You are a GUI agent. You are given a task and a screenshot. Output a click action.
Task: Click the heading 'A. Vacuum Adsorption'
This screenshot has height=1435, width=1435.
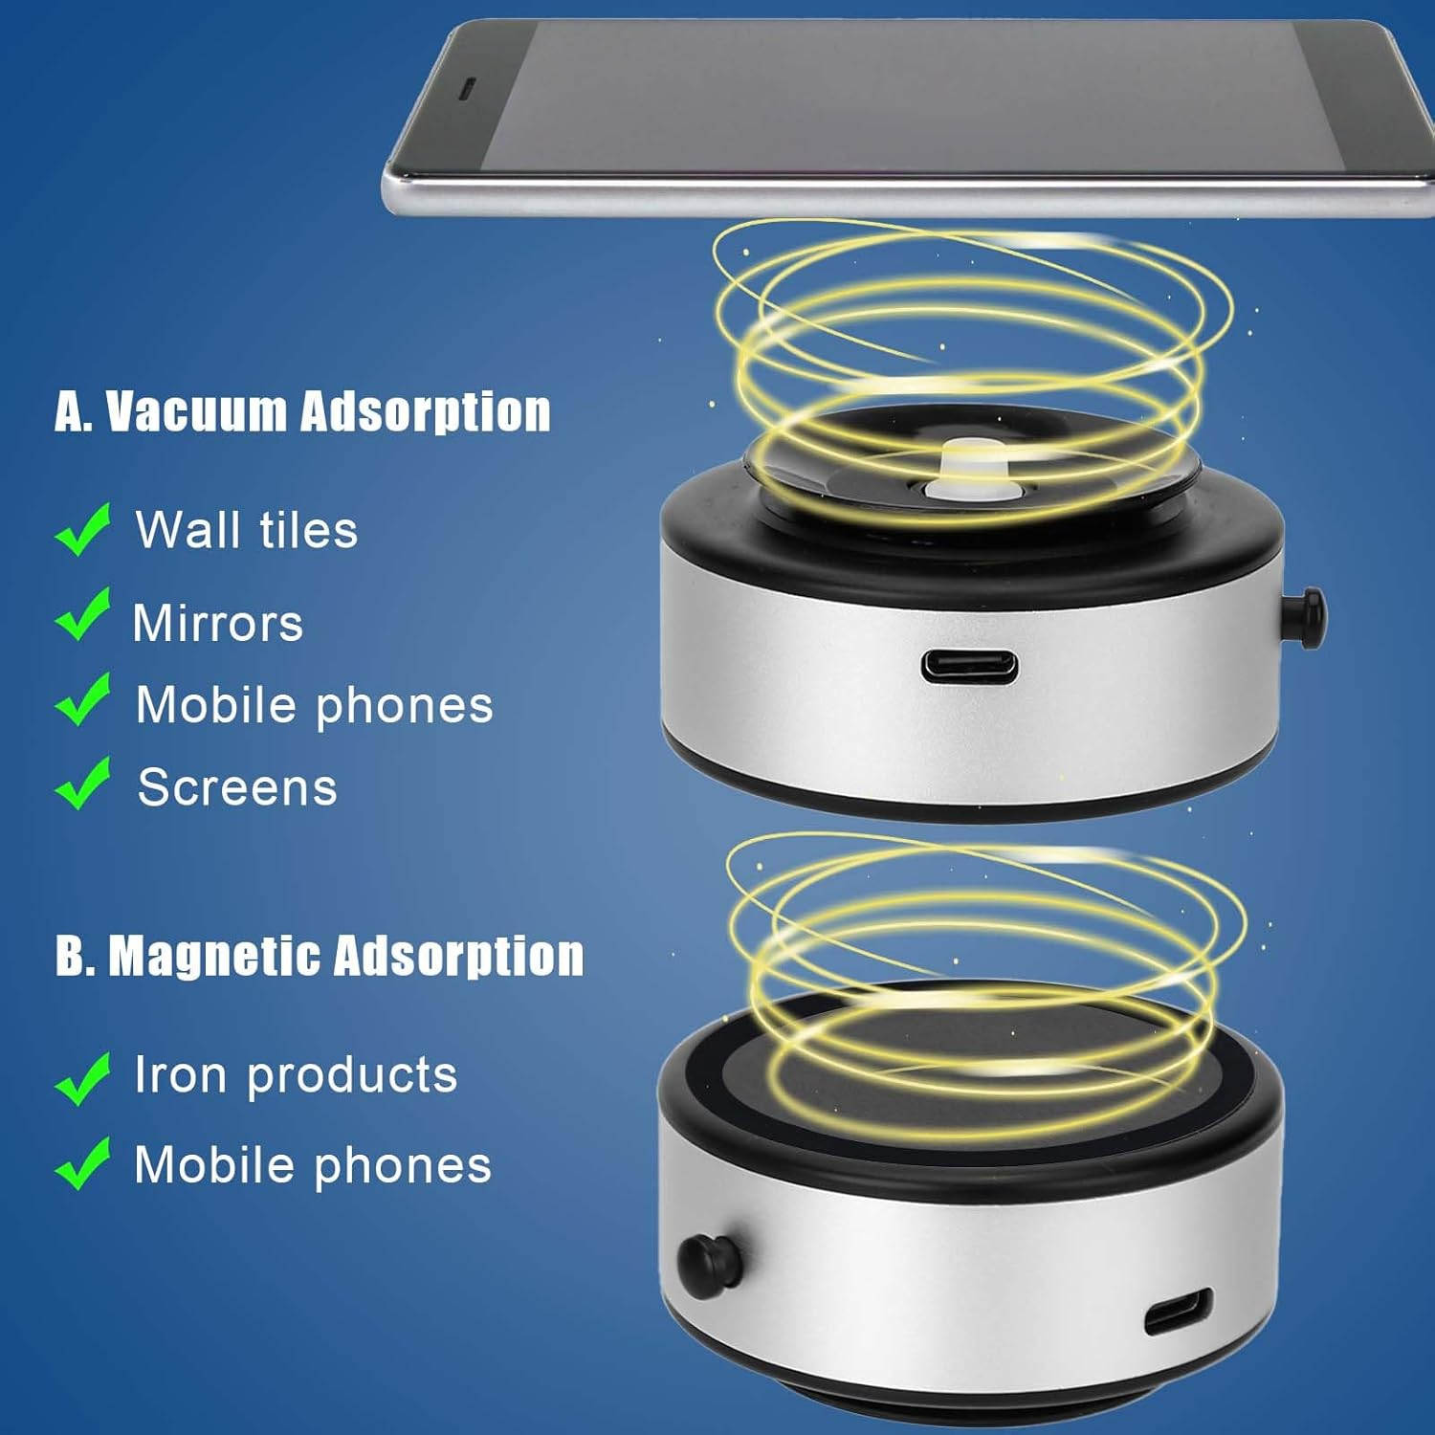(302, 412)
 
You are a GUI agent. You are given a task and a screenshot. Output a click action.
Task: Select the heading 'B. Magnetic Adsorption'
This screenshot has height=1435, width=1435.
(320, 955)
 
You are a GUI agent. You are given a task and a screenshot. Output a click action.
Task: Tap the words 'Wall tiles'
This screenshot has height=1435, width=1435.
(247, 529)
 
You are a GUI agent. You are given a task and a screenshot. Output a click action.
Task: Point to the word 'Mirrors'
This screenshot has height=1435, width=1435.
(218, 623)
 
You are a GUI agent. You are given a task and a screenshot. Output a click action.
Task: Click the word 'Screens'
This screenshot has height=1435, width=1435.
(237, 787)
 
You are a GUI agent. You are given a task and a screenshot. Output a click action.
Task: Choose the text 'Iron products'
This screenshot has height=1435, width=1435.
(296, 1074)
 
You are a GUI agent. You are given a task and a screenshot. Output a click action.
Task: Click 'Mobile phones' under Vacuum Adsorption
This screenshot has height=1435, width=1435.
(315, 705)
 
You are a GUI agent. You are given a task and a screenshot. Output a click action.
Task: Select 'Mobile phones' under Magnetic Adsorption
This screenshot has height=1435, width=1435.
(313, 1165)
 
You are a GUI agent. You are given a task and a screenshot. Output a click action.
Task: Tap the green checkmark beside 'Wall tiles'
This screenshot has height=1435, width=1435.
(83, 529)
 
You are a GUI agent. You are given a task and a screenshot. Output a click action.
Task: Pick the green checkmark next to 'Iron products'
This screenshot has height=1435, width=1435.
(83, 1078)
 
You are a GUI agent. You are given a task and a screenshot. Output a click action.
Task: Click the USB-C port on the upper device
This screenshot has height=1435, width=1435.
(969, 667)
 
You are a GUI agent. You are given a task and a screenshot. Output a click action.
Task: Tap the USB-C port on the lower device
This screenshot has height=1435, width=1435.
(1179, 1312)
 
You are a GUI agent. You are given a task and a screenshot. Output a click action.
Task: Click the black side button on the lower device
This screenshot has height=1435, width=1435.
(709, 1266)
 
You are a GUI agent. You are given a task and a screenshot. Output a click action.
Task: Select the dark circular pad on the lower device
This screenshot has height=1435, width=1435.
(966, 1071)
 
